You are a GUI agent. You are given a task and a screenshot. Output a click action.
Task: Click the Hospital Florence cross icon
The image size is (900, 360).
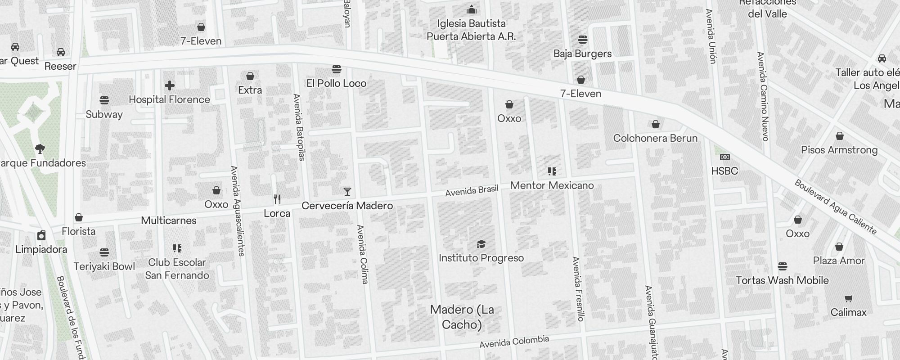click(x=170, y=85)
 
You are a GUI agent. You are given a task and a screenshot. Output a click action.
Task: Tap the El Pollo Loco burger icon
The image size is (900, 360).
click(x=336, y=69)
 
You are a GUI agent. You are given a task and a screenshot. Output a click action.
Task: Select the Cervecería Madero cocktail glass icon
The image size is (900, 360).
click(x=347, y=192)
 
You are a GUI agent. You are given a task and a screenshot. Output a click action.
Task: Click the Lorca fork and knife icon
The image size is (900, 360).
click(x=277, y=199)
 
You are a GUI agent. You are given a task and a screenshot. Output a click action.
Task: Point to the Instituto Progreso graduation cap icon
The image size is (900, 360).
click(x=481, y=244)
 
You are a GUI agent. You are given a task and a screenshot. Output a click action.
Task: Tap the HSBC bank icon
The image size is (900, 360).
click(x=724, y=157)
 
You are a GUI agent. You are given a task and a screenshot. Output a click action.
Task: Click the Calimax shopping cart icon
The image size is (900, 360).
click(x=848, y=298)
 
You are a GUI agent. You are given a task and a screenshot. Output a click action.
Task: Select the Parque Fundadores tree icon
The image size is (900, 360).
click(x=40, y=148)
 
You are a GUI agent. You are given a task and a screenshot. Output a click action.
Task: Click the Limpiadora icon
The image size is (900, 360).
click(x=41, y=235)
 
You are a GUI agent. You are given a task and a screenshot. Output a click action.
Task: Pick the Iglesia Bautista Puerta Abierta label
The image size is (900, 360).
click(x=471, y=30)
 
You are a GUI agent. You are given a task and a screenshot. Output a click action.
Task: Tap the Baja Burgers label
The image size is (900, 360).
click(x=582, y=54)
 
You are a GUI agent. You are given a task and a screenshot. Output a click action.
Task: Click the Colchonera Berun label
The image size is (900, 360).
click(x=655, y=138)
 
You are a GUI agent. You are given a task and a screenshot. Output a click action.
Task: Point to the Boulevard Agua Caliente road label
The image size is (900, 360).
click(x=836, y=207)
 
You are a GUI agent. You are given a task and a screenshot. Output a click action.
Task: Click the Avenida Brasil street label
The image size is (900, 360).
click(x=472, y=190)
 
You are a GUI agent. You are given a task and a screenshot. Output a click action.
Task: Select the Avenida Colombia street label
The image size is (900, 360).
click(x=514, y=342)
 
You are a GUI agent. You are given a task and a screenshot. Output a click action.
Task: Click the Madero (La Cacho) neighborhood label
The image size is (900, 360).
click(x=462, y=317)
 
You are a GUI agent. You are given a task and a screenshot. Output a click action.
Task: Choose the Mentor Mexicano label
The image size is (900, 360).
click(x=552, y=185)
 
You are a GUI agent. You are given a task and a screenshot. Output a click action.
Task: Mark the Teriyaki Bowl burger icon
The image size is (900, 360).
click(x=104, y=252)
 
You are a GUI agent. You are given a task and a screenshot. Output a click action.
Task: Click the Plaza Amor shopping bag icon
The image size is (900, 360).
click(x=839, y=247)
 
